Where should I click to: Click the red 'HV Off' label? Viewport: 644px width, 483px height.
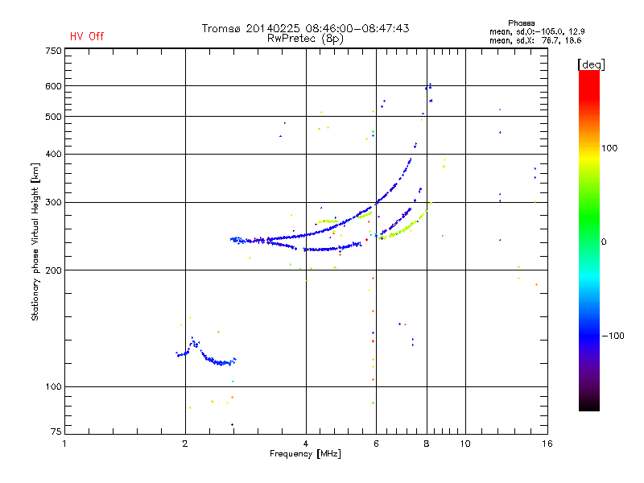(x=87, y=36)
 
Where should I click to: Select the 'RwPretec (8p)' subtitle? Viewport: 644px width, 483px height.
(x=306, y=38)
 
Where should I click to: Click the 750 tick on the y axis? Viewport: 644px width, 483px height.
(x=53, y=51)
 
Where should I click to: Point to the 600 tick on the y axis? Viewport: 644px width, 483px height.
(x=53, y=86)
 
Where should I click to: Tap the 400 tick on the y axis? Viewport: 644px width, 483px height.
(x=53, y=154)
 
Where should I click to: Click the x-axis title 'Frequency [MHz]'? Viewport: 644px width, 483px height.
(x=305, y=454)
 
